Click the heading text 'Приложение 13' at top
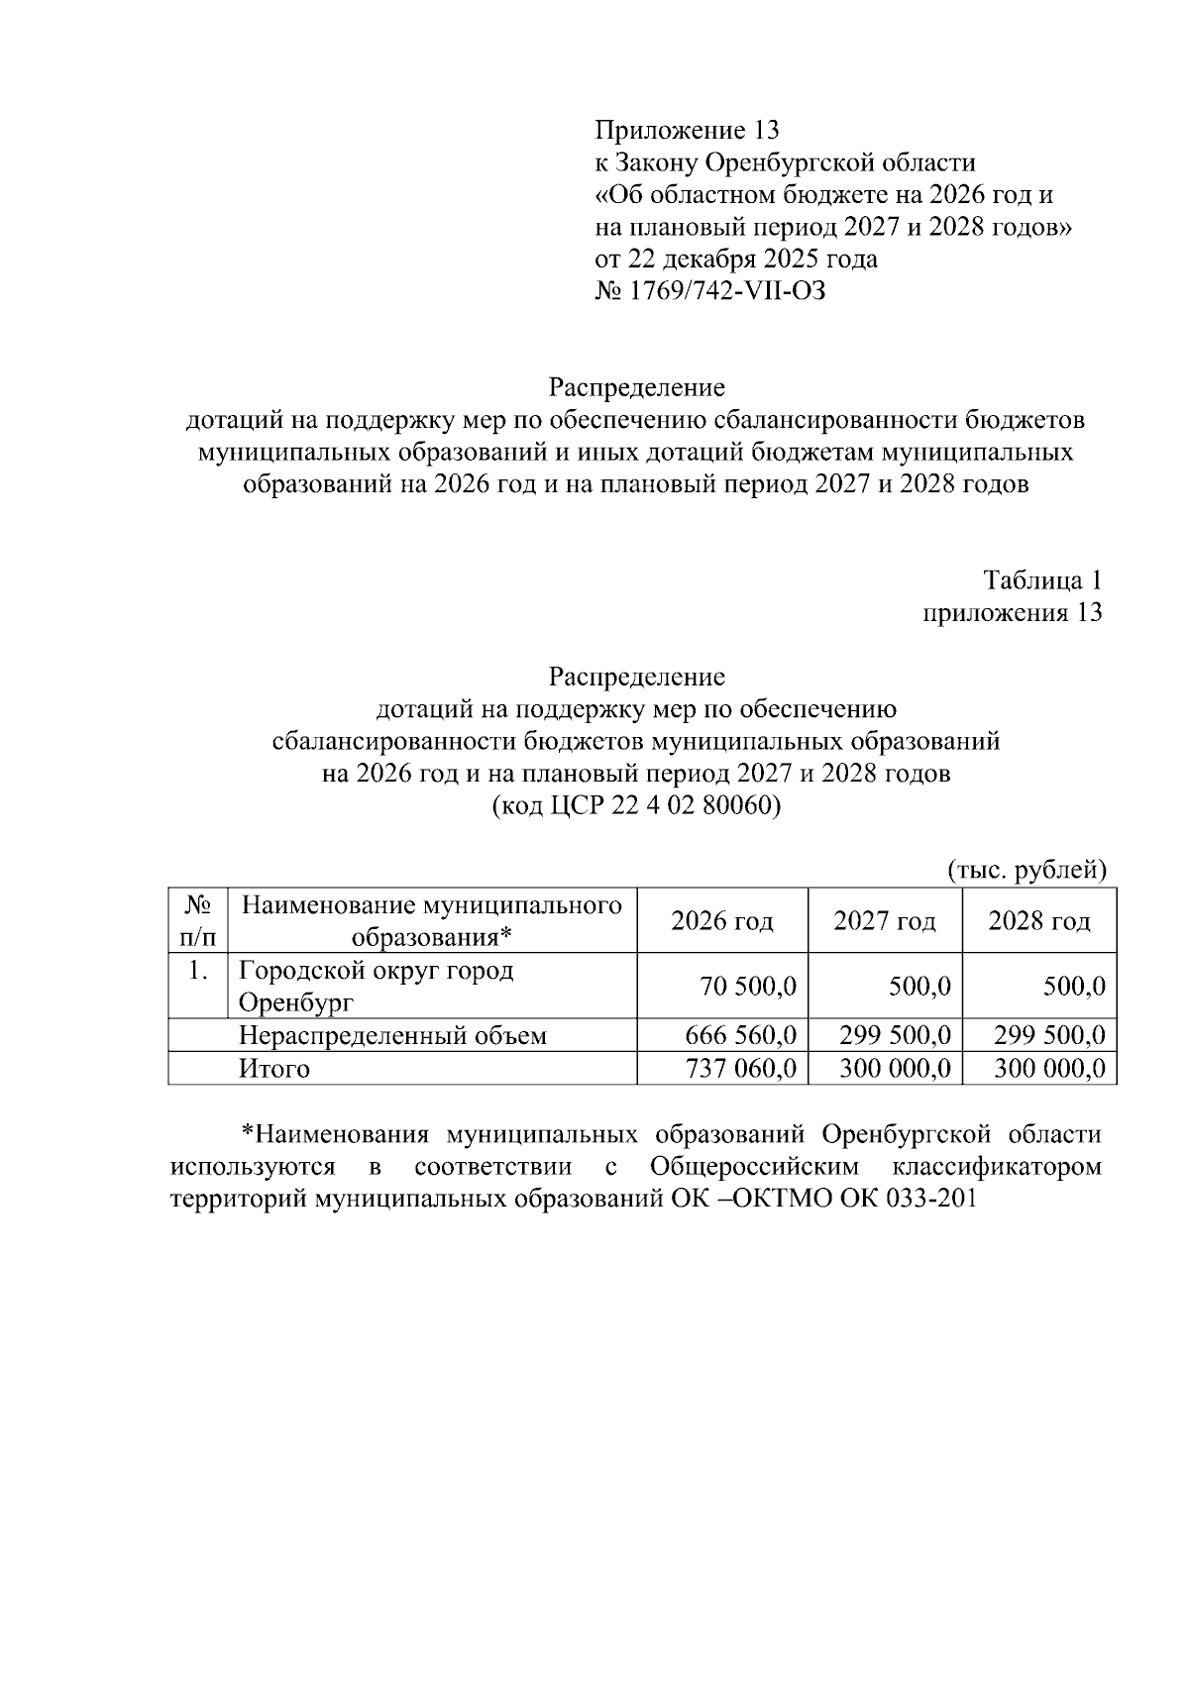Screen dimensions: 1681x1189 pos(687,130)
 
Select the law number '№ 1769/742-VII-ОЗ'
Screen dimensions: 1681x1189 pos(709,291)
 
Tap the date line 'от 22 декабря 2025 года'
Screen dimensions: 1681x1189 pos(735,260)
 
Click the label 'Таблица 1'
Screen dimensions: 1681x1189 pos(1041,579)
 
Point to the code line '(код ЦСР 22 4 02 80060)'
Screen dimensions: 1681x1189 pos(636,805)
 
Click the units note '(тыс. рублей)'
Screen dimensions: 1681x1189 pos(1027,870)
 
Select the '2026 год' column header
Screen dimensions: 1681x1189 pos(721,921)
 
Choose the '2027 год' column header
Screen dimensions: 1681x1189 pos(884,921)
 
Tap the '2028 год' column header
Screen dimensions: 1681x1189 pos(1038,921)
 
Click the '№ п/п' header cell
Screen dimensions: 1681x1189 pos(198,920)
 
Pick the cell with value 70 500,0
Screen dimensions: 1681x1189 pos(748,987)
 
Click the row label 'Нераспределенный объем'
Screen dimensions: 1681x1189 pos(392,1036)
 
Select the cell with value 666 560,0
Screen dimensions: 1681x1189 pos(740,1036)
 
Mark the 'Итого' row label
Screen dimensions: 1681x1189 pos(273,1069)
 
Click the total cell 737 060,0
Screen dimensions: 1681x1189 pos(740,1069)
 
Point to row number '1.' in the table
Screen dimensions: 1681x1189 pos(198,971)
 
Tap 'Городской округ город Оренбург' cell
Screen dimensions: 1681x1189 pos(377,986)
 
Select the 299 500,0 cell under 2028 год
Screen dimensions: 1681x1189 pos(1049,1036)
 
